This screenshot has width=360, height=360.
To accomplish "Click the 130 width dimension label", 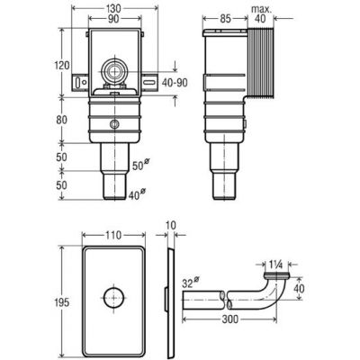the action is click(114, 8).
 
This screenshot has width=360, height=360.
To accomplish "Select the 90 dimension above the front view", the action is click(113, 19).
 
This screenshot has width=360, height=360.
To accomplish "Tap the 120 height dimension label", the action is click(62, 65).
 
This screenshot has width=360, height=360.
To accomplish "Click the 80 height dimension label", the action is click(62, 120).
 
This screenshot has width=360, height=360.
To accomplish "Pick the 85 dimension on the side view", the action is click(225, 19).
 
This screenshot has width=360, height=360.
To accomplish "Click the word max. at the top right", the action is click(261, 9).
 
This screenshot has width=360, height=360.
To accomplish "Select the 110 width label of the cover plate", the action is click(113, 235).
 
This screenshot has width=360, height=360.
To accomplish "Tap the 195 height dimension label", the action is click(62, 302).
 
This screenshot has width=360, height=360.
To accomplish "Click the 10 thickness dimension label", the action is click(171, 225).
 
